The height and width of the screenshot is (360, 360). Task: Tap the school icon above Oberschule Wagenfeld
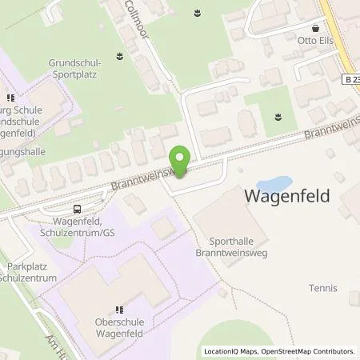pyautogui.click(x=119, y=310)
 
